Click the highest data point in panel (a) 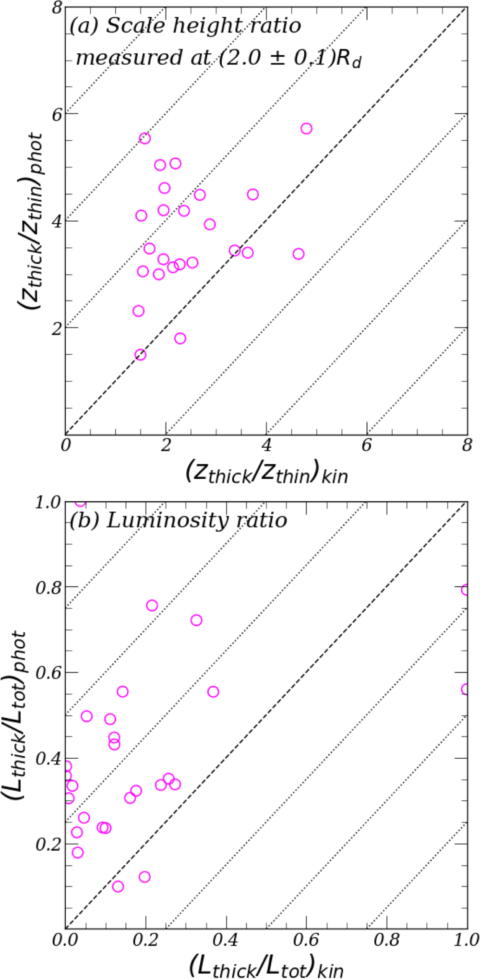(x=306, y=129)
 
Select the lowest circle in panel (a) (x=140, y=355)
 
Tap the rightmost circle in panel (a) (x=306, y=129)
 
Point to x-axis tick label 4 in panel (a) (x=266, y=446)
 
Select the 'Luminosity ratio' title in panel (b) (x=196, y=520)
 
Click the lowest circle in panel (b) (x=118, y=886)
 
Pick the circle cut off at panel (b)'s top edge (x=80, y=503)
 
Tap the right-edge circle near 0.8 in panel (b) (x=466, y=590)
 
